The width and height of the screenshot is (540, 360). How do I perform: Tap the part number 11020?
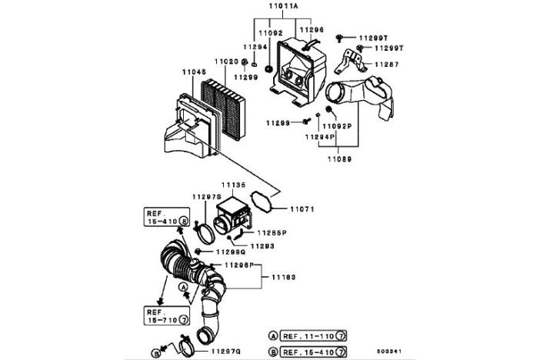tap(225, 61)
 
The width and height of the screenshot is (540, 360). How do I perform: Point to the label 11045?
tap(193, 72)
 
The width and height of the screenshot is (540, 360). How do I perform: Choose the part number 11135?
tap(235, 185)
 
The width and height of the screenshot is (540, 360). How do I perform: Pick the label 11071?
tap(302, 208)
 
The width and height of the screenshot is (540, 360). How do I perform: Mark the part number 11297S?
tap(208, 197)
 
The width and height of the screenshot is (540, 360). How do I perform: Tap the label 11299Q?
tap(229, 252)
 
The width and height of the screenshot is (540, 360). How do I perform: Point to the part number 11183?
tap(281, 275)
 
